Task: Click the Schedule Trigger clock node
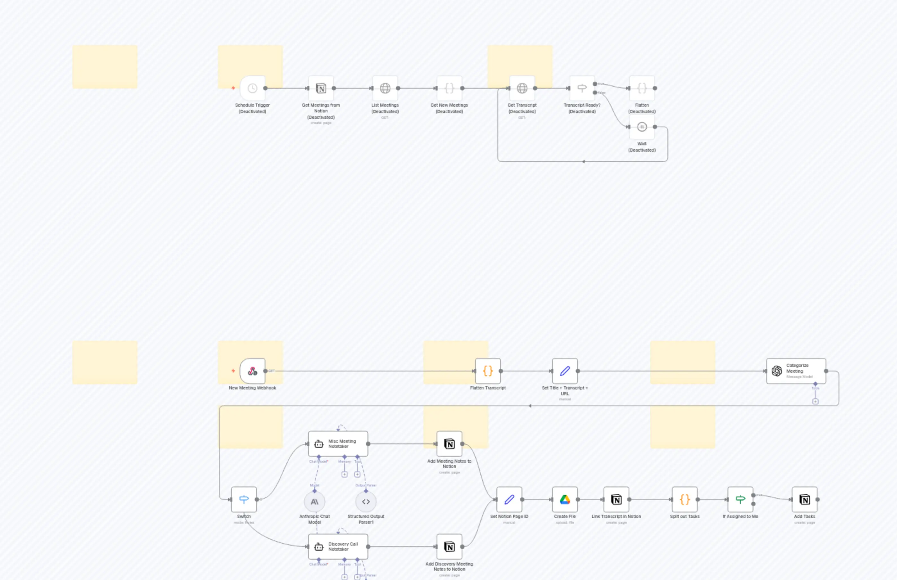click(252, 88)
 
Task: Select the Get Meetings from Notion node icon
click(321, 88)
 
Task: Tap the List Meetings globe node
click(385, 88)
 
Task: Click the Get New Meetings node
click(449, 88)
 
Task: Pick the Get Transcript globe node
click(522, 88)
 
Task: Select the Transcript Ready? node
click(582, 88)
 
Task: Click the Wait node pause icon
click(642, 127)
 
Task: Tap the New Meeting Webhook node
click(252, 371)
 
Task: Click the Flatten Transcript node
click(488, 371)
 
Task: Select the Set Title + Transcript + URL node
click(565, 371)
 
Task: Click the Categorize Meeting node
click(796, 371)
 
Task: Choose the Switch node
click(244, 499)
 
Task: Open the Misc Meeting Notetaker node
click(338, 444)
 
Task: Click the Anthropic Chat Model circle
click(315, 502)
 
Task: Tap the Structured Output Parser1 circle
click(366, 502)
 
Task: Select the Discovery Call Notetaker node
click(338, 547)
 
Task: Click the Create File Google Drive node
click(565, 499)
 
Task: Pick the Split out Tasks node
click(684, 499)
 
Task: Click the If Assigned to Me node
click(740, 499)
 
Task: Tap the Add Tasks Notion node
click(805, 499)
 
